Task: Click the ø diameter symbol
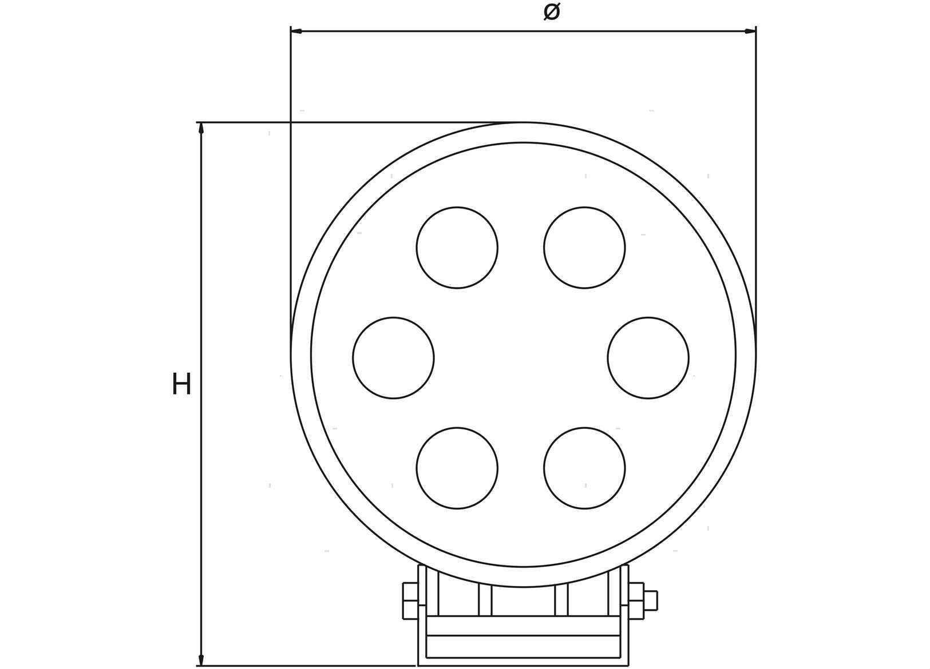(x=552, y=12)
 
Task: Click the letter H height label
(x=181, y=384)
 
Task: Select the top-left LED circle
(x=457, y=248)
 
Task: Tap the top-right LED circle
(x=584, y=248)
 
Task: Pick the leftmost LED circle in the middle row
(x=394, y=358)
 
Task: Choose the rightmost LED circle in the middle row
(x=648, y=358)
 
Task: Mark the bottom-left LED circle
(x=457, y=468)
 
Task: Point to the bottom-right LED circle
(x=584, y=468)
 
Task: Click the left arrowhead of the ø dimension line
(x=296, y=31)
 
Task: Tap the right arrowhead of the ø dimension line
(x=751, y=31)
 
